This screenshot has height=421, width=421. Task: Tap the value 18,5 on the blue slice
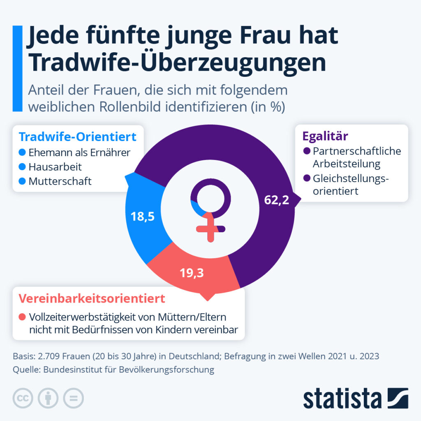click(142, 217)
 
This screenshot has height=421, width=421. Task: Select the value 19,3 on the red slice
click(192, 272)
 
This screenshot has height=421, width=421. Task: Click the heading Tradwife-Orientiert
click(78, 136)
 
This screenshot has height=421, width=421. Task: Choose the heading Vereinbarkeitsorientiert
click(92, 298)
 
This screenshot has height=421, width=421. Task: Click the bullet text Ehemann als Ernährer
click(79, 153)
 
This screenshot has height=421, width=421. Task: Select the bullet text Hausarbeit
click(55, 167)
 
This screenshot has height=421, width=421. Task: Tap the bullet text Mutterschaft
click(60, 181)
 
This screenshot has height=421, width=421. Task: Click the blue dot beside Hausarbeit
click(23, 167)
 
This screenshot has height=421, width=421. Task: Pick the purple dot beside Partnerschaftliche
click(306, 151)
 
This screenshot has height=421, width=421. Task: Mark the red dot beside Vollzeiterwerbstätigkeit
click(23, 317)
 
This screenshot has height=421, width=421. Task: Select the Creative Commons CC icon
click(23, 398)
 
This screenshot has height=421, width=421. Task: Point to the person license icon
click(49, 398)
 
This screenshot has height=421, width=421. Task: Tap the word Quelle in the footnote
click(25, 369)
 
